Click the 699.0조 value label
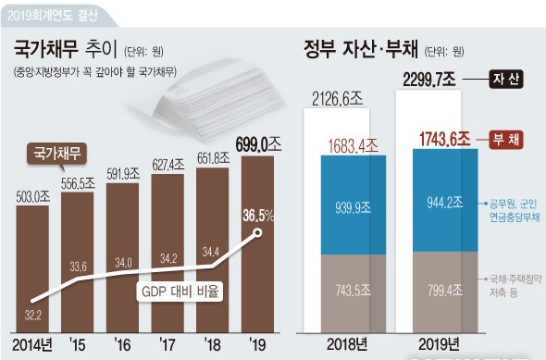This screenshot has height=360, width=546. pos(258,144)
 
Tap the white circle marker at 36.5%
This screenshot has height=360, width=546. pos(257,232)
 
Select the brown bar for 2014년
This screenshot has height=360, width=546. pos(32,268)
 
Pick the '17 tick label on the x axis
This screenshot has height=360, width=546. pos(168,344)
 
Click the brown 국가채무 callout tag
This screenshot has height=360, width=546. pos(56,154)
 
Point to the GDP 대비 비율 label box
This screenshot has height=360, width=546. pos(180,292)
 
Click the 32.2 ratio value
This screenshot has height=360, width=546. pos(32,316)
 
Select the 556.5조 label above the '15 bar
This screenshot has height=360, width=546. pos(78,183)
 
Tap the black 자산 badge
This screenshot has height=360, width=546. pos(506,80)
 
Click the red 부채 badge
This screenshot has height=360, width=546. pos(506,140)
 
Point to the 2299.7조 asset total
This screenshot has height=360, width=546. pos(429,80)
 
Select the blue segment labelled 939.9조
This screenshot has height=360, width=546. pos(354,205)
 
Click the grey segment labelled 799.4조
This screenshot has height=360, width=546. pos(445,292)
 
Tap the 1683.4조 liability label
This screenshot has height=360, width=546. pos(354,146)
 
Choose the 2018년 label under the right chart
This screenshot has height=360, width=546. pos(347,344)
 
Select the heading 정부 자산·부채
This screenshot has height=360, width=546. pos(360,49)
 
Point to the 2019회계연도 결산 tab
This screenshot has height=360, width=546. pos(53,16)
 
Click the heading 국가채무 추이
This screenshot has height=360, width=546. pos(65,49)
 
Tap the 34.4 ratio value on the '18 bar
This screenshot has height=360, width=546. pos(210,252)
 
